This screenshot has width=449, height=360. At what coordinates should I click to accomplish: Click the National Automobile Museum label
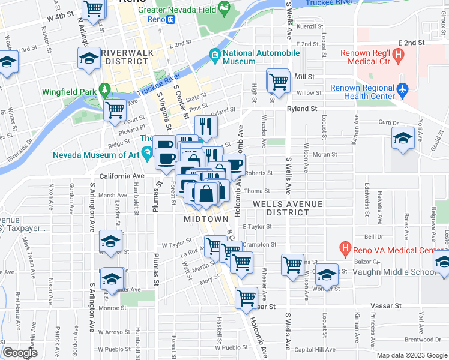[x=261, y=57]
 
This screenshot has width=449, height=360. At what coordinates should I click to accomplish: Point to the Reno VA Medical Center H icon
[x=345, y=247]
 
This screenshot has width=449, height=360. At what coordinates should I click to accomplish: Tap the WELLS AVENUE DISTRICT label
[x=288, y=208]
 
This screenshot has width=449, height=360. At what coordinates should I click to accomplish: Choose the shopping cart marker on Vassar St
[x=247, y=296]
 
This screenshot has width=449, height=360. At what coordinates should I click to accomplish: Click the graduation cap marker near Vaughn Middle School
[x=327, y=274]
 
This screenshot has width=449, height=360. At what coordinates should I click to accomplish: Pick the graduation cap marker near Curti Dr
[x=403, y=137]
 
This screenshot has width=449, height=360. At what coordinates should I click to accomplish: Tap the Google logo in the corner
[x=20, y=353]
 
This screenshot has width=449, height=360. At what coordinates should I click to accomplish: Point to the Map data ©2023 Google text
[x=411, y=355]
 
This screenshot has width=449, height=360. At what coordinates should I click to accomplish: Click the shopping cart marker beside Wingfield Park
[x=115, y=110]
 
